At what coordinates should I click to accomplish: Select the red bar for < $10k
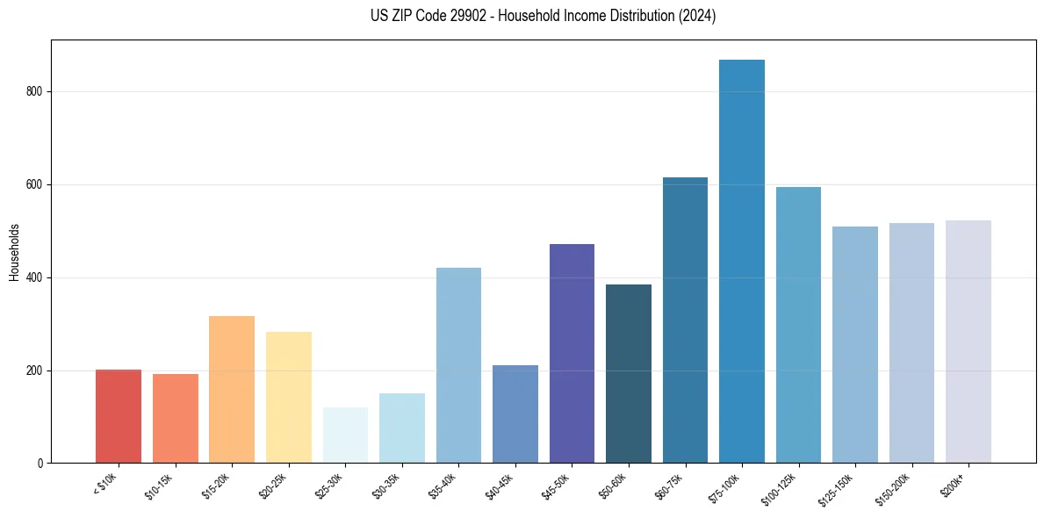119,416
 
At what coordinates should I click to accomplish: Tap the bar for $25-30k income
345,435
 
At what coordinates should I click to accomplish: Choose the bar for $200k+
968,342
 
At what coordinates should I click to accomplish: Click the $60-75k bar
685,320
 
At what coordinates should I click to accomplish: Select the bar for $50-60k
629,374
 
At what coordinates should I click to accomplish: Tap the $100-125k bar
798,325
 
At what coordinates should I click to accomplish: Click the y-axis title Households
14,252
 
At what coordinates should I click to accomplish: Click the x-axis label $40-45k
499,486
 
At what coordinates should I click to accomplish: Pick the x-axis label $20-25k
272,486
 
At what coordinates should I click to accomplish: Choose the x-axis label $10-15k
159,486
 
